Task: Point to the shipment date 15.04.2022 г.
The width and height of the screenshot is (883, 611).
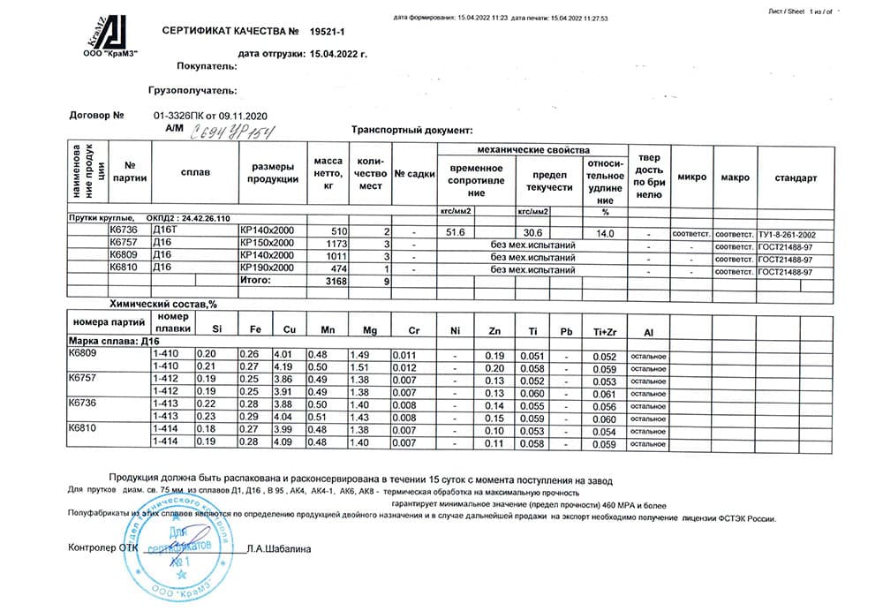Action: tap(336, 53)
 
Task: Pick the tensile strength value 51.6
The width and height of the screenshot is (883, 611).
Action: tap(457, 230)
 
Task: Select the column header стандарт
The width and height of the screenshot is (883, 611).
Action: tap(796, 177)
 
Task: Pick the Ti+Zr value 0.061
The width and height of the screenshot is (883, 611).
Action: tap(605, 393)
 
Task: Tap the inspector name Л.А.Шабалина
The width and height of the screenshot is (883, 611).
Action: tap(278, 548)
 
